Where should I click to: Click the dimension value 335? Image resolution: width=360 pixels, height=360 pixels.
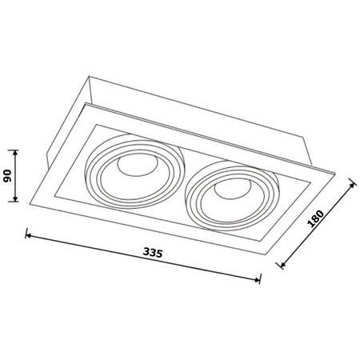coord(154,253)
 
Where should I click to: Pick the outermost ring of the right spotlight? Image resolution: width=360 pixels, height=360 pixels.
coord(190,200)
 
